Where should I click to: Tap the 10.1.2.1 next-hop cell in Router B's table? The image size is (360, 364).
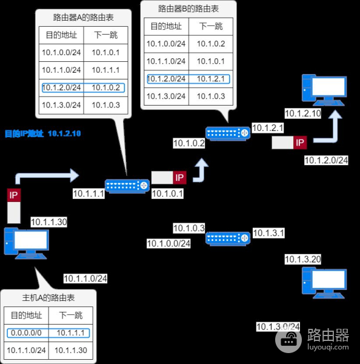(210, 79)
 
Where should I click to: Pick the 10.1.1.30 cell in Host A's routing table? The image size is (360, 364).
(71, 350)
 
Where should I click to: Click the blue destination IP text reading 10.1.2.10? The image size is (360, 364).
(64, 133)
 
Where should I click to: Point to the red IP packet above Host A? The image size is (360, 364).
(13, 196)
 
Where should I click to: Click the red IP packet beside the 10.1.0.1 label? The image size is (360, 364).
(179, 177)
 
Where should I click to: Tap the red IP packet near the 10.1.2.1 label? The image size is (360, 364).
(299, 143)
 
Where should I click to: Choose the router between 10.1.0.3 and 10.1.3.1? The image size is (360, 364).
(227, 238)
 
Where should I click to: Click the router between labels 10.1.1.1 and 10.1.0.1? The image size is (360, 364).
(127, 186)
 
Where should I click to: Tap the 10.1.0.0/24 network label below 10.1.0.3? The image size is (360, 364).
(168, 244)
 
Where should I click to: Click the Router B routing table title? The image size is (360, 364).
(188, 9)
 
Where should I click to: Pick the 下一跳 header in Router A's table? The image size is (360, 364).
(105, 35)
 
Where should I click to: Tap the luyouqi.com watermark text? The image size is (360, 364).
(327, 348)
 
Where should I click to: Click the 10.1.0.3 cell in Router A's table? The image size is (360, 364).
(105, 105)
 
